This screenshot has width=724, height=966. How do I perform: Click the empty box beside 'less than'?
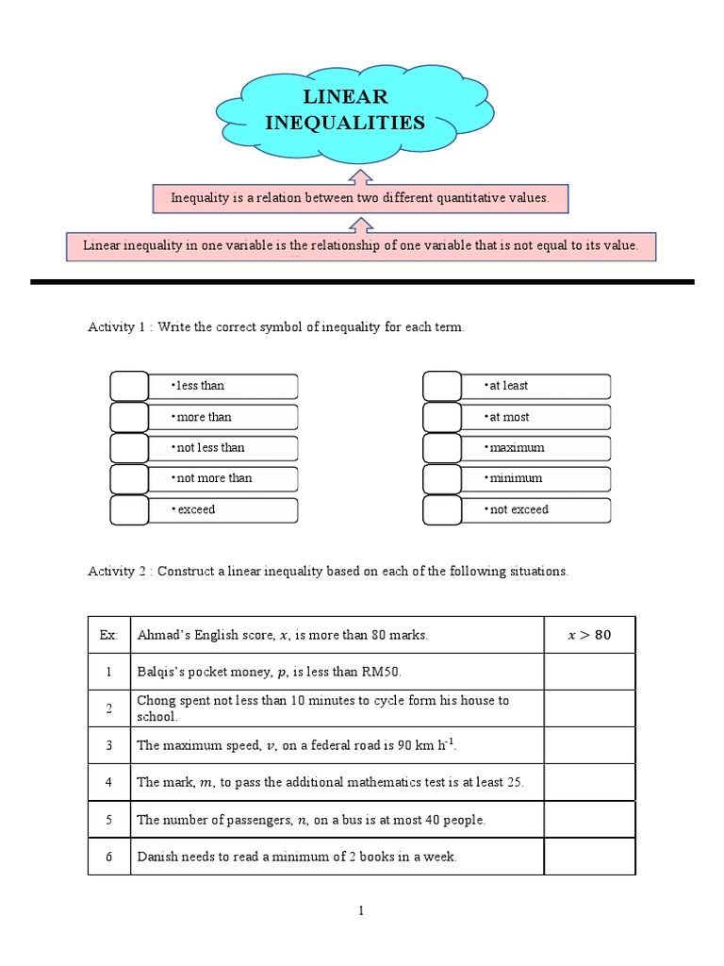[129, 386]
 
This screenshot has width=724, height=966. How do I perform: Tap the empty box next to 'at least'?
[441, 386]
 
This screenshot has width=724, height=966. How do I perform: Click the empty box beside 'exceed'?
[129, 509]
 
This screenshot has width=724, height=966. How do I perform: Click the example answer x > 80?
[589, 635]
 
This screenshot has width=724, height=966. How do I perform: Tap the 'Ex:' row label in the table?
[108, 635]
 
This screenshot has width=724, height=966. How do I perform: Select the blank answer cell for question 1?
[589, 672]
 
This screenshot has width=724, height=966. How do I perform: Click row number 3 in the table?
[108, 745]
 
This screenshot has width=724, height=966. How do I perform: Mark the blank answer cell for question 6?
[589, 857]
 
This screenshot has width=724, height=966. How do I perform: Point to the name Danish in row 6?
[156, 857]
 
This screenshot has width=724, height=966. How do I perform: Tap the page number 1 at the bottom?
[361, 910]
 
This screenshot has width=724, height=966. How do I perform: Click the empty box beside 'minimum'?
[441, 478]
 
